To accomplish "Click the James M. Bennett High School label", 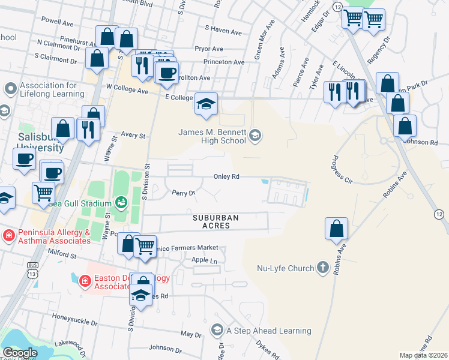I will point(212,136).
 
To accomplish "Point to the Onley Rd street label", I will point(227,177).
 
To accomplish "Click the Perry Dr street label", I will point(184,193).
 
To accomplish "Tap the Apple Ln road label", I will point(205,260).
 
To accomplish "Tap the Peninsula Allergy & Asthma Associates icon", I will point(8,234).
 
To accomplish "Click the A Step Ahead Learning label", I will point(268,331).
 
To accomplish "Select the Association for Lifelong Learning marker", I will point(10,89).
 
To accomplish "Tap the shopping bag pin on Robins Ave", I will point(336,229).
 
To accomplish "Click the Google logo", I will point(20,353).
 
